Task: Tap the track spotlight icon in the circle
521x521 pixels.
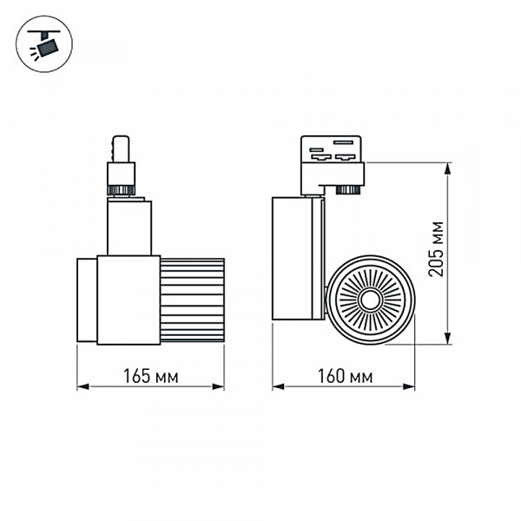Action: tap(41, 43)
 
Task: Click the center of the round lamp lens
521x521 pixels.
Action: tap(371, 300)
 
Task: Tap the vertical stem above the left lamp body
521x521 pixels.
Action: tap(129, 228)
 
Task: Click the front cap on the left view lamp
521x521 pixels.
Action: tap(86, 300)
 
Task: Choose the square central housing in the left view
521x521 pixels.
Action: tap(128, 300)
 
